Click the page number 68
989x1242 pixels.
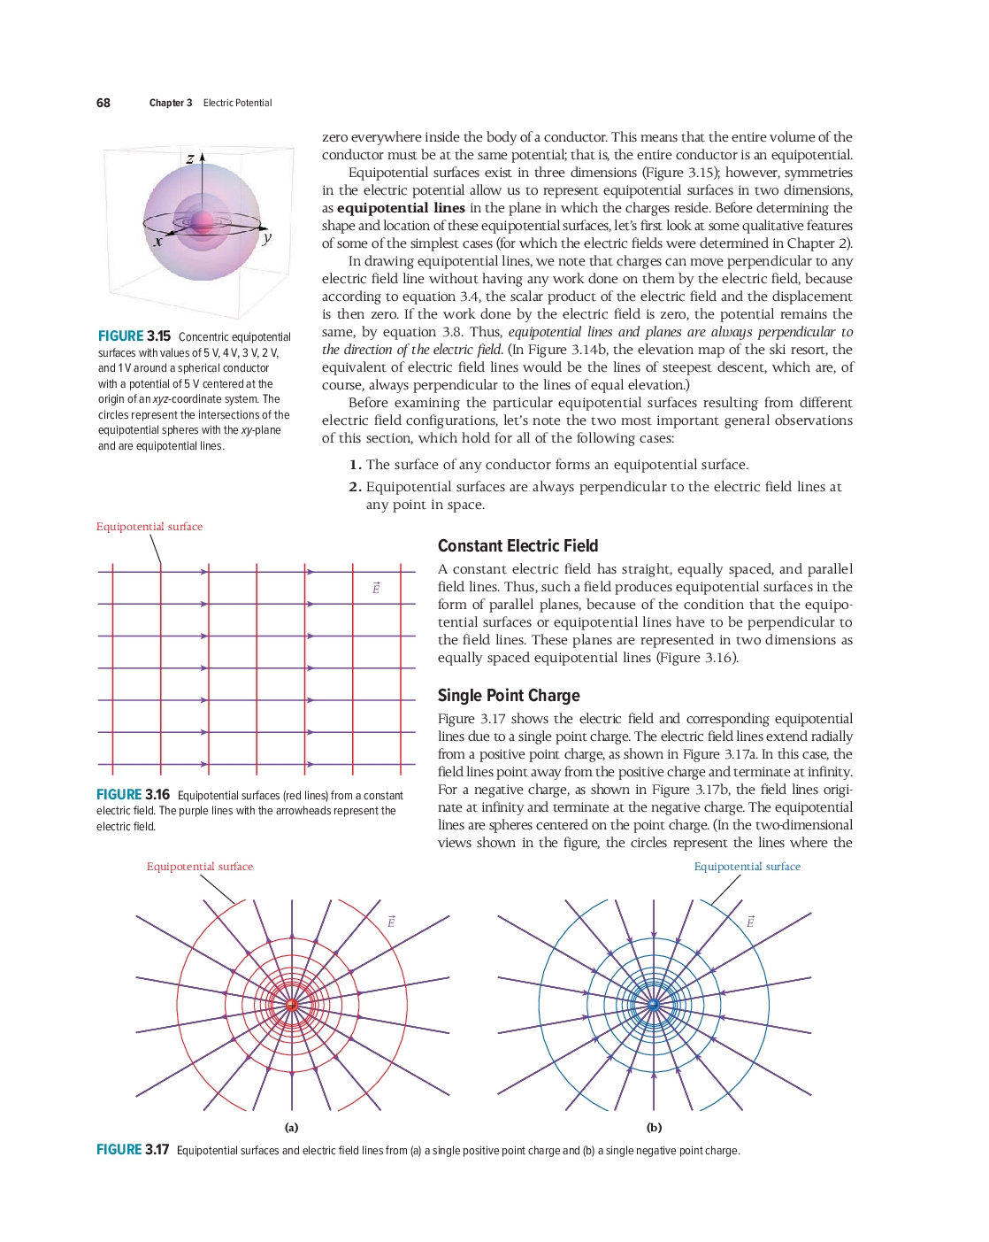coord(103,103)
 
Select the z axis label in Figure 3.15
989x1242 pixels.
coord(190,158)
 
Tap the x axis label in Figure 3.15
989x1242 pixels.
coord(159,241)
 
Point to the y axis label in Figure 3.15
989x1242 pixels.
coord(267,237)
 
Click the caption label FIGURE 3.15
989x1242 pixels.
coord(134,336)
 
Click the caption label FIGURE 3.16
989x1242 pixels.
coord(133,795)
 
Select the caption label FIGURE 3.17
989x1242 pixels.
coord(133,1149)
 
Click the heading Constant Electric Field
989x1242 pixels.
coord(517,545)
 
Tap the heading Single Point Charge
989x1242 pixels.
coord(509,695)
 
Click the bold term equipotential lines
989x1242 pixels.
coord(401,208)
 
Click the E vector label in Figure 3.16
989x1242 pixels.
coord(376,588)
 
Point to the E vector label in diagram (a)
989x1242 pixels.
coord(390,922)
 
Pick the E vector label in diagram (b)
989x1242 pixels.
coord(750,922)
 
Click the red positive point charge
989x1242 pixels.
coord(292,1005)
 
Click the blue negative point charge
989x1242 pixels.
coord(654,1005)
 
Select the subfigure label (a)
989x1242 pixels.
coord(291,1127)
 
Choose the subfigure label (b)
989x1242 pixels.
coord(654,1127)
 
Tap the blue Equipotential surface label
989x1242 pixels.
coord(747,867)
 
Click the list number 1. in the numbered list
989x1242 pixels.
coord(355,465)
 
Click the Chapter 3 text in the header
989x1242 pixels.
coord(171,103)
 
